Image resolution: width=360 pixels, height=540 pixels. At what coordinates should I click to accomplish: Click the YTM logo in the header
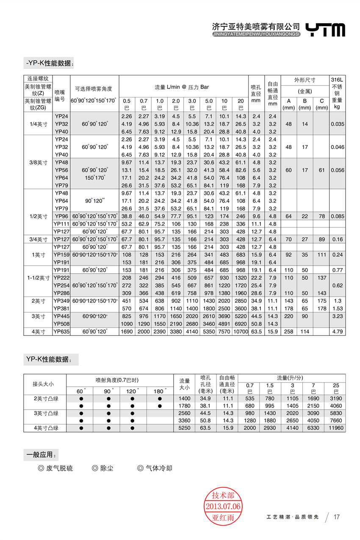click(x=325, y=30)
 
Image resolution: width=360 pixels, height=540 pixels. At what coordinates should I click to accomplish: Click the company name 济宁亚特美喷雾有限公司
click(x=256, y=26)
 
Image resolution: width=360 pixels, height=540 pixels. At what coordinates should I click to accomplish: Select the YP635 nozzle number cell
click(x=61, y=332)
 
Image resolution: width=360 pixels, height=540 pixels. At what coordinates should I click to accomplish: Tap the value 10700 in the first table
click(x=241, y=332)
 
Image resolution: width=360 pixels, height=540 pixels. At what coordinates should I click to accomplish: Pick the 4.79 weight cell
click(x=338, y=332)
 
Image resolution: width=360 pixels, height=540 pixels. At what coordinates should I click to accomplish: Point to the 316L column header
click(x=338, y=80)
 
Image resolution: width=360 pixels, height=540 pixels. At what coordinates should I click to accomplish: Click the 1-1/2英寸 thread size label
click(x=39, y=278)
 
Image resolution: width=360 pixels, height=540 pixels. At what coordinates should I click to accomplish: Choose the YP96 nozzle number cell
click(x=61, y=216)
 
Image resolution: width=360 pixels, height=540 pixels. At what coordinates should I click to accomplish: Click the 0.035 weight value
click(x=338, y=124)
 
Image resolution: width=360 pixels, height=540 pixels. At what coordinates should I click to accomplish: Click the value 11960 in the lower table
click(x=336, y=428)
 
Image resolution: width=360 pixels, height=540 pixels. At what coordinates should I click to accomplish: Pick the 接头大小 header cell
click(x=44, y=384)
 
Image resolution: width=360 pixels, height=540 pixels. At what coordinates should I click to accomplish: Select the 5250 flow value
click(x=185, y=428)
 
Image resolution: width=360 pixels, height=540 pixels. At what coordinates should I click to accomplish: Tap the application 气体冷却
click(x=158, y=468)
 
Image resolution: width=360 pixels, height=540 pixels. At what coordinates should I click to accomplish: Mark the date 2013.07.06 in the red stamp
click(x=223, y=507)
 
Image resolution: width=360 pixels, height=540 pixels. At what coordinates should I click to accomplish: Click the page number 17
click(x=337, y=517)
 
